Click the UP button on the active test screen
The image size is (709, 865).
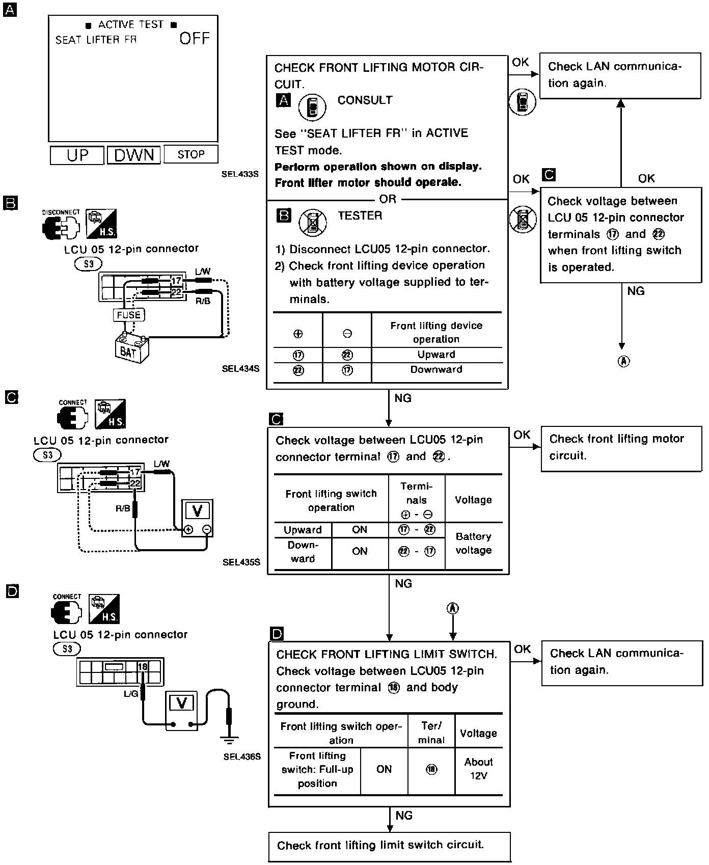77,155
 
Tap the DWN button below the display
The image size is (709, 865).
134,155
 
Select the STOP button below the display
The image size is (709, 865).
191,154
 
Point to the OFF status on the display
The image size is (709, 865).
195,39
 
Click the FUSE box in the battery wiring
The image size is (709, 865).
128,315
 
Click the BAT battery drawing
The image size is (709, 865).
131,348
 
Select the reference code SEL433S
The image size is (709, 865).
240,174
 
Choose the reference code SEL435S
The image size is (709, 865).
241,562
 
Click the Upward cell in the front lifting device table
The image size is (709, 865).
437,355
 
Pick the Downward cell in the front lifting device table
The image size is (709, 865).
437,369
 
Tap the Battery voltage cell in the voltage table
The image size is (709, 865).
473,543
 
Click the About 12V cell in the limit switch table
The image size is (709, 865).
478,769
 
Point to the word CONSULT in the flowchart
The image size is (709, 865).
365,100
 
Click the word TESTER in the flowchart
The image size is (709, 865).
360,215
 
